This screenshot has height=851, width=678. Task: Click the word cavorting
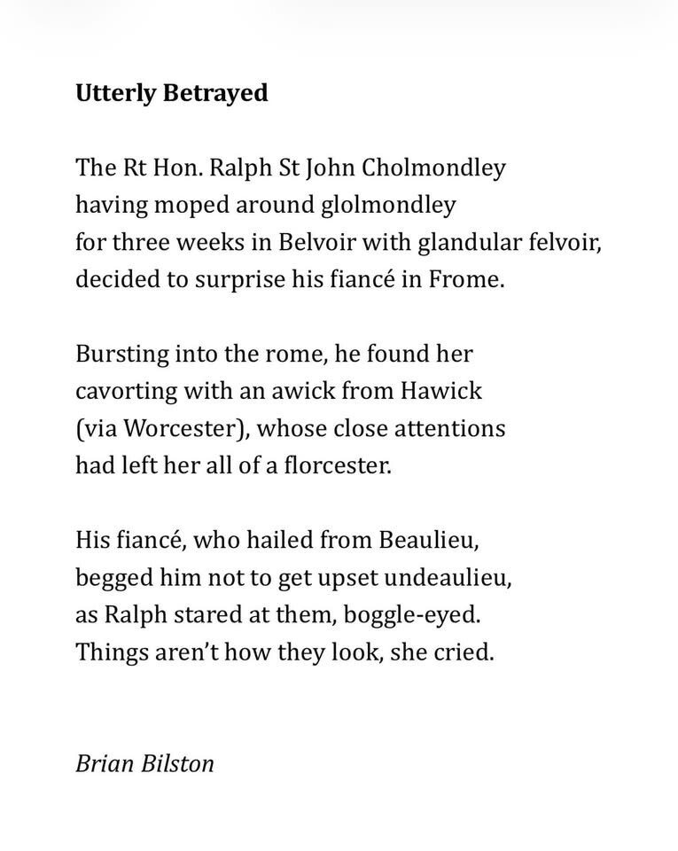click(126, 391)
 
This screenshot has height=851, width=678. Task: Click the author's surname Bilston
click(177, 763)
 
